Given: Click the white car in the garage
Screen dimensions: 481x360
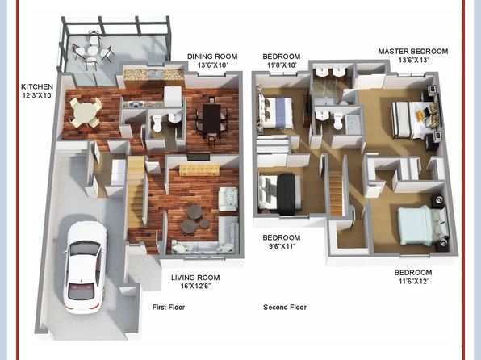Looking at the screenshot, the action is coord(85,266).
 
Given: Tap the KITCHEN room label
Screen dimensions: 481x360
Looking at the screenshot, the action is coord(37,87).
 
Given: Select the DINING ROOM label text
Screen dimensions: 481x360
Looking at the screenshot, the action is coord(212,57).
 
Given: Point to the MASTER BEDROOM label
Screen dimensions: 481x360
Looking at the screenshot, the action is coord(413,51).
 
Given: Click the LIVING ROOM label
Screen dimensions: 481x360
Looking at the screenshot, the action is coord(195,278).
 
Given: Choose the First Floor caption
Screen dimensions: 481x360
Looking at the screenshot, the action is coord(169,308).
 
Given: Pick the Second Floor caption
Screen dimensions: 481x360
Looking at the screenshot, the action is coord(285,308).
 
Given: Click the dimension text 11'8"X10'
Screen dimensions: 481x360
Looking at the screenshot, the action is coord(280,65).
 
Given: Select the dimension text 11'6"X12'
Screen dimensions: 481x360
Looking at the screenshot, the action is coord(413,281).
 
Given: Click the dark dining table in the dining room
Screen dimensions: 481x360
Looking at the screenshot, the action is coord(211,119).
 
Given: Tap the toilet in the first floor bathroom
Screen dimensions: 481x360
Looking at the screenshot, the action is coord(157,123).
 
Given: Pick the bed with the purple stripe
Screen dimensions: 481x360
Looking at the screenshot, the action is coord(275,112).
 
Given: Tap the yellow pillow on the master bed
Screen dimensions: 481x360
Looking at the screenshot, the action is coord(419,115).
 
